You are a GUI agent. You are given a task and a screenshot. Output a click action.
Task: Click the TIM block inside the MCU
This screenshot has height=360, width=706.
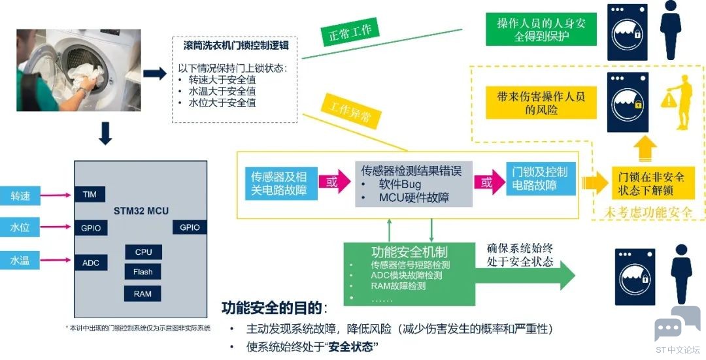click(91, 194)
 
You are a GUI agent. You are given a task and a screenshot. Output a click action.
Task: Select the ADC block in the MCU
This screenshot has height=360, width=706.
click(91, 263)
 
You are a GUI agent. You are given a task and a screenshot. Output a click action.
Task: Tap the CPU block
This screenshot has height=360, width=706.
click(143, 252)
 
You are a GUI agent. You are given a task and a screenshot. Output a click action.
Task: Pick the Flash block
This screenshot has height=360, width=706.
click(143, 272)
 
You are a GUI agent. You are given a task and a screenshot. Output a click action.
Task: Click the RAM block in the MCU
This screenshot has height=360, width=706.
click(143, 293)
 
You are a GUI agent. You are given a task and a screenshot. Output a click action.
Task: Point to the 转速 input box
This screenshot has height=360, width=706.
click(20, 195)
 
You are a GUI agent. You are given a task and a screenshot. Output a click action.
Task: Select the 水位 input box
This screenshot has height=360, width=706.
click(20, 227)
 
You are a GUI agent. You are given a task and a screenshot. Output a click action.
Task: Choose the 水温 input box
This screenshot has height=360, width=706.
click(20, 261)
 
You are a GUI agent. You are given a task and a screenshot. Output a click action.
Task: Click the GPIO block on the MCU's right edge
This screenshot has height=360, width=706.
click(190, 227)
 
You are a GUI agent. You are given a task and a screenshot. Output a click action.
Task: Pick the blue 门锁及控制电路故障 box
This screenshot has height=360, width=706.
click(541, 178)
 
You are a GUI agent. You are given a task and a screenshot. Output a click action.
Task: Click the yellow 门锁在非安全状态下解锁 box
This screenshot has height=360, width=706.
click(648, 183)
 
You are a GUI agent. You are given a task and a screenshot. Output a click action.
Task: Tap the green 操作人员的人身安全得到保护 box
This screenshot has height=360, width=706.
click(541, 29)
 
